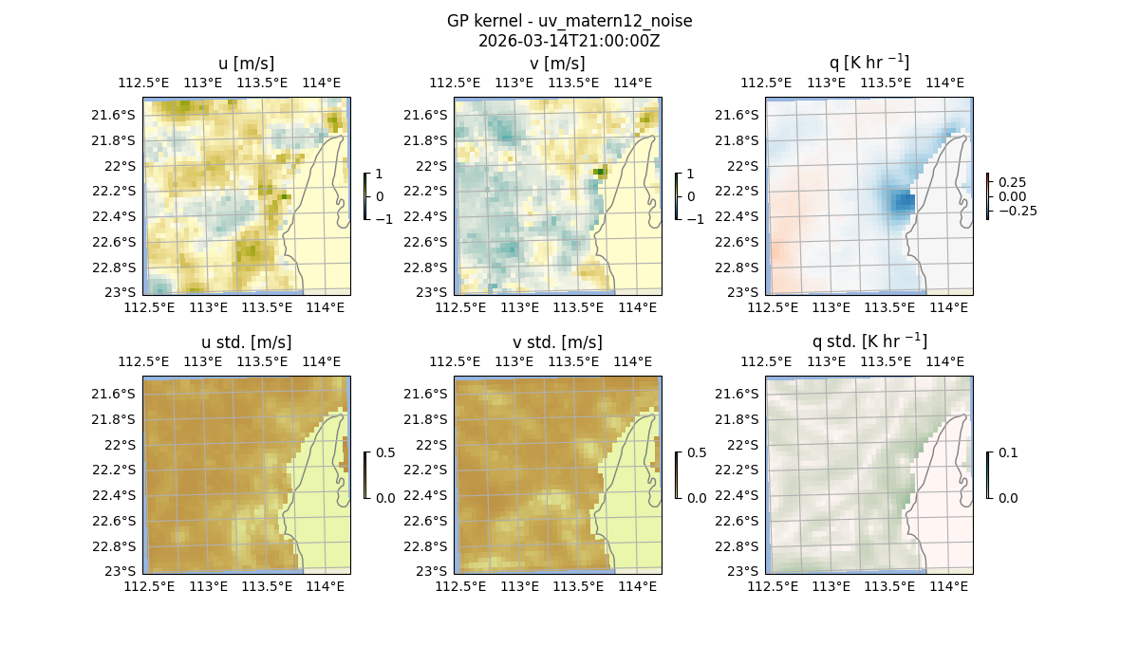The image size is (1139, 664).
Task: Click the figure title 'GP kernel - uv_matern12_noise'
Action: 569,21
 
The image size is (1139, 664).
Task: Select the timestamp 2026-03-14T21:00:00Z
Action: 569,41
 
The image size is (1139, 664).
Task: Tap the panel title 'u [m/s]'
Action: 246,64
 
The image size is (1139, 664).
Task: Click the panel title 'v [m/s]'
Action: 557,64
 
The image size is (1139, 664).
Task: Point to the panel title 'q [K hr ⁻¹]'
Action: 868,64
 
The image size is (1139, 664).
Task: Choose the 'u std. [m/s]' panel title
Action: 246,342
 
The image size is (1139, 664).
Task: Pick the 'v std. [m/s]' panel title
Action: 557,342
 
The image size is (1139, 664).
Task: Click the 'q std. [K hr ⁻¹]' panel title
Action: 868,342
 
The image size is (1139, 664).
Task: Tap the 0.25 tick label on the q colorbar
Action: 1011,182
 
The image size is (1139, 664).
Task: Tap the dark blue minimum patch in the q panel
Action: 903,201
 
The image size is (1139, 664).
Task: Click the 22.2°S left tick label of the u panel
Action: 119,191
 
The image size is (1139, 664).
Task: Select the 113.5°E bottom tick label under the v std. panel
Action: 579,586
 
